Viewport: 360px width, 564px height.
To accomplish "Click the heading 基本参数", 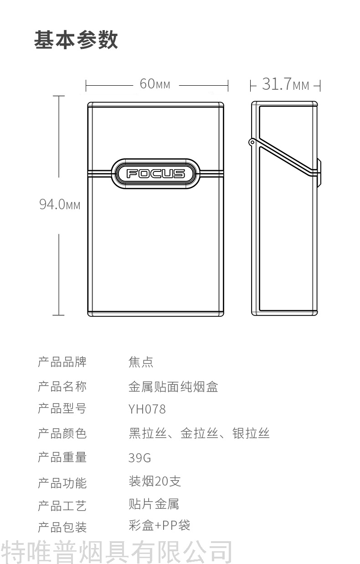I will coord(76,40).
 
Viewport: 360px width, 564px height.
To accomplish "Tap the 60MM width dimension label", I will coord(155,84).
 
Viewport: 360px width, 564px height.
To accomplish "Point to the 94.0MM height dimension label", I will coord(60,205).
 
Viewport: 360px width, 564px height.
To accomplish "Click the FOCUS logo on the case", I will coord(155,173).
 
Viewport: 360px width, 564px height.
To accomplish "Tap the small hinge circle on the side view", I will coord(252,143).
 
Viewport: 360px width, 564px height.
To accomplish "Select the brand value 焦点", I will coord(141,362).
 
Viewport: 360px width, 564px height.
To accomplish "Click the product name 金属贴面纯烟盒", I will coord(173,387).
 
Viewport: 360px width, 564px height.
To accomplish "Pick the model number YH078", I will coord(147,409).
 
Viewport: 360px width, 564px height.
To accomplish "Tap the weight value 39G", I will coord(139,457).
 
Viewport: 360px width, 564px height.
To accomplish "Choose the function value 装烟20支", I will coord(155,481).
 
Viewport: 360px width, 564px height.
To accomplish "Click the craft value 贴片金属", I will coord(154,504).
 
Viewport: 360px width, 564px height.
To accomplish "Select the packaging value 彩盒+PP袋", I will coord(159,525).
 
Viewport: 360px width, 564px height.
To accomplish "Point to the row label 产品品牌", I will coord(62,362).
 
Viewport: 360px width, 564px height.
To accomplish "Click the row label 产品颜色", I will coord(62,433).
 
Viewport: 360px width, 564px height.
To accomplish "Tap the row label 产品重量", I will coord(62,457).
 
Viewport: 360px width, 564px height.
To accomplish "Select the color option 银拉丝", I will coord(251,433).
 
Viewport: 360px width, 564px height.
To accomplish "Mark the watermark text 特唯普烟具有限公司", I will coord(117,552).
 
